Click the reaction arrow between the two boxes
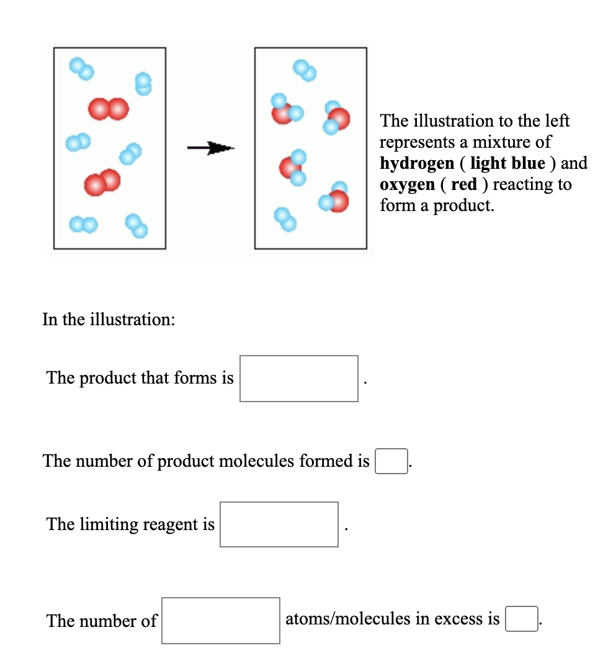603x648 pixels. pyautogui.click(x=210, y=148)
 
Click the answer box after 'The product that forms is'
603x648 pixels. pyautogui.click(x=298, y=378)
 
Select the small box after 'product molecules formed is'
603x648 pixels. pyautogui.click(x=391, y=461)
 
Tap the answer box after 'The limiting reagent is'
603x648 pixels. pyautogui.click(x=279, y=524)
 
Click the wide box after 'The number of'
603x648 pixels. pyautogui.click(x=220, y=620)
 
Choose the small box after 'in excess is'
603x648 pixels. pyautogui.click(x=521, y=619)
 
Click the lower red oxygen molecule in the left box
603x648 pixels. pyautogui.click(x=102, y=182)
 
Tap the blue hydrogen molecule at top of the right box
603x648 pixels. pyautogui.click(x=305, y=70)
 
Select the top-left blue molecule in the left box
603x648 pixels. pyautogui.click(x=81, y=69)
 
